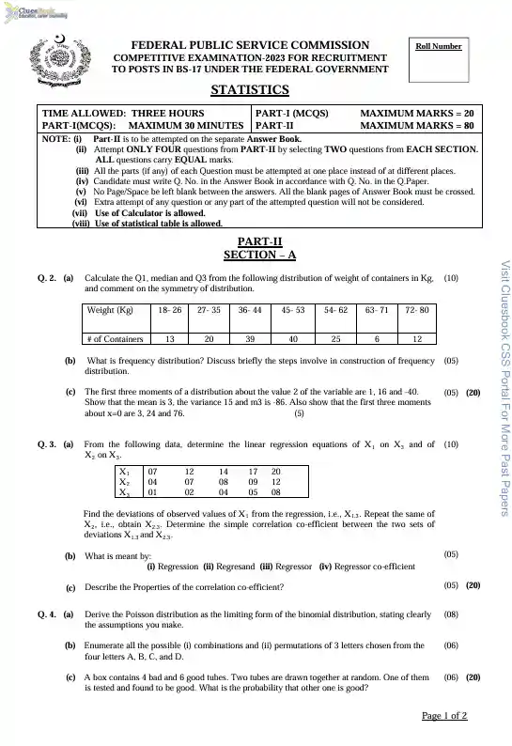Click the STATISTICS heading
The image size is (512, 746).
[249, 90]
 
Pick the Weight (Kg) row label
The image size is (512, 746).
[110, 309]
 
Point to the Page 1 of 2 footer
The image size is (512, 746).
[444, 716]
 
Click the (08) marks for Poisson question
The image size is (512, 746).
[451, 614]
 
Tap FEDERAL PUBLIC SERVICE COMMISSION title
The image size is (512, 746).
[250, 45]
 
